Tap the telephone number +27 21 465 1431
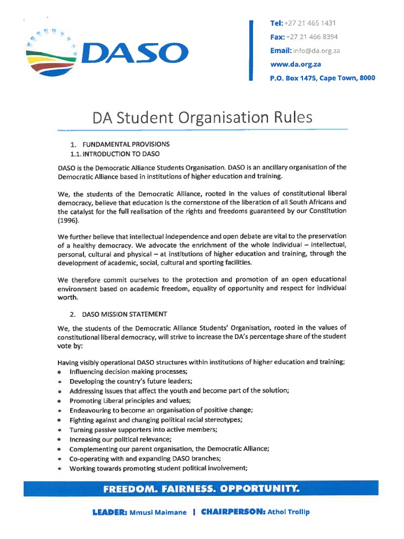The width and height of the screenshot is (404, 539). point(310,23)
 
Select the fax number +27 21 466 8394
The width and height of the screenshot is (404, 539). point(312,37)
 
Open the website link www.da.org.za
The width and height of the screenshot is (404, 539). point(295,64)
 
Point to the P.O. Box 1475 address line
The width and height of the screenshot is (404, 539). point(322,78)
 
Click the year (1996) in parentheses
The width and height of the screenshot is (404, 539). point(68,221)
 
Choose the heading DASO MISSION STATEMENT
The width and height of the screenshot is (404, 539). point(125,314)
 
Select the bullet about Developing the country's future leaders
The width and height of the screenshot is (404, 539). point(130,381)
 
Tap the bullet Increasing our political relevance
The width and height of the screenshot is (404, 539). point(120,439)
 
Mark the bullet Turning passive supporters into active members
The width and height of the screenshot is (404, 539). point(143,430)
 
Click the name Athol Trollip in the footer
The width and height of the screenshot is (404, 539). point(288,512)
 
